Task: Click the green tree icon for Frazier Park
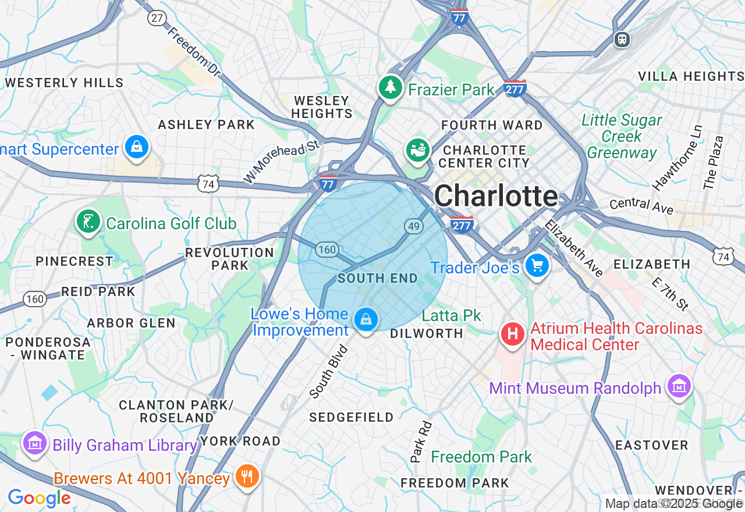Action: pyautogui.click(x=391, y=88)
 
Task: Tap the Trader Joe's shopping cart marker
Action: pyautogui.click(x=537, y=266)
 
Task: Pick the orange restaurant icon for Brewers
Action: pyautogui.click(x=247, y=477)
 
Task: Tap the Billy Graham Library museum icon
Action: pyautogui.click(x=34, y=443)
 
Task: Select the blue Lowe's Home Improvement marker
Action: pyautogui.click(x=366, y=319)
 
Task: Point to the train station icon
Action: pyautogui.click(x=622, y=39)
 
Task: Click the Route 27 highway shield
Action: pyautogui.click(x=157, y=17)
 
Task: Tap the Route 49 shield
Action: pyautogui.click(x=414, y=226)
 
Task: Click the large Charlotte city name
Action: pyautogui.click(x=496, y=196)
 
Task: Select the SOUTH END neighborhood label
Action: pyautogui.click(x=378, y=278)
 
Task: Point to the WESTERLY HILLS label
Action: pyautogui.click(x=65, y=83)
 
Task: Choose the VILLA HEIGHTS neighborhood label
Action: pyautogui.click(x=691, y=76)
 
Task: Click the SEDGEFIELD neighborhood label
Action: pyautogui.click(x=351, y=417)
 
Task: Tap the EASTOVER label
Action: pyautogui.click(x=652, y=445)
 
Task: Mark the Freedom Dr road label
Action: pyautogui.click(x=194, y=52)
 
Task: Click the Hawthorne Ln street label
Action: pyautogui.click(x=678, y=158)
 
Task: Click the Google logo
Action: pyautogui.click(x=39, y=498)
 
